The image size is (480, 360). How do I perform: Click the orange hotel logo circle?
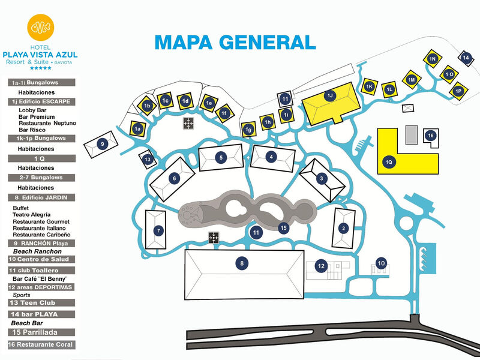click(41, 28)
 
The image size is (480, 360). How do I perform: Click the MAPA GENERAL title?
click(235, 42)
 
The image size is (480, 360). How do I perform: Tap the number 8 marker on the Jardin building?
click(242, 262)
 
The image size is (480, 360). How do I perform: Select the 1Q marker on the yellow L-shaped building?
click(389, 161)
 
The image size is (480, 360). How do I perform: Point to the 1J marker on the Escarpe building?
click(329, 96)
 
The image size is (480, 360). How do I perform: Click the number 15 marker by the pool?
click(284, 227)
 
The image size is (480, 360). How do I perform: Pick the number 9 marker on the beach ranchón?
click(103, 144)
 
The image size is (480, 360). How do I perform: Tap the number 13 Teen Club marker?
click(148, 159)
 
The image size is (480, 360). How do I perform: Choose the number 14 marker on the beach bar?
click(466, 58)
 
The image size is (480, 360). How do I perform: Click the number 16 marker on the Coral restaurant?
click(430, 136)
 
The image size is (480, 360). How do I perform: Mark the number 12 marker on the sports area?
click(322, 266)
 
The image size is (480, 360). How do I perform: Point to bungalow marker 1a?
click(137, 128)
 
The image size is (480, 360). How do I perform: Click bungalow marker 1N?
click(432, 58)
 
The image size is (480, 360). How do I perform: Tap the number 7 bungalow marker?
click(158, 230)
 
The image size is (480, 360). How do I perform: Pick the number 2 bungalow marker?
click(343, 228)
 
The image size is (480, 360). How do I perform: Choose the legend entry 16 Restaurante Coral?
click(41, 344)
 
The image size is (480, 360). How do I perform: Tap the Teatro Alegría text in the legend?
click(31, 214)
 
